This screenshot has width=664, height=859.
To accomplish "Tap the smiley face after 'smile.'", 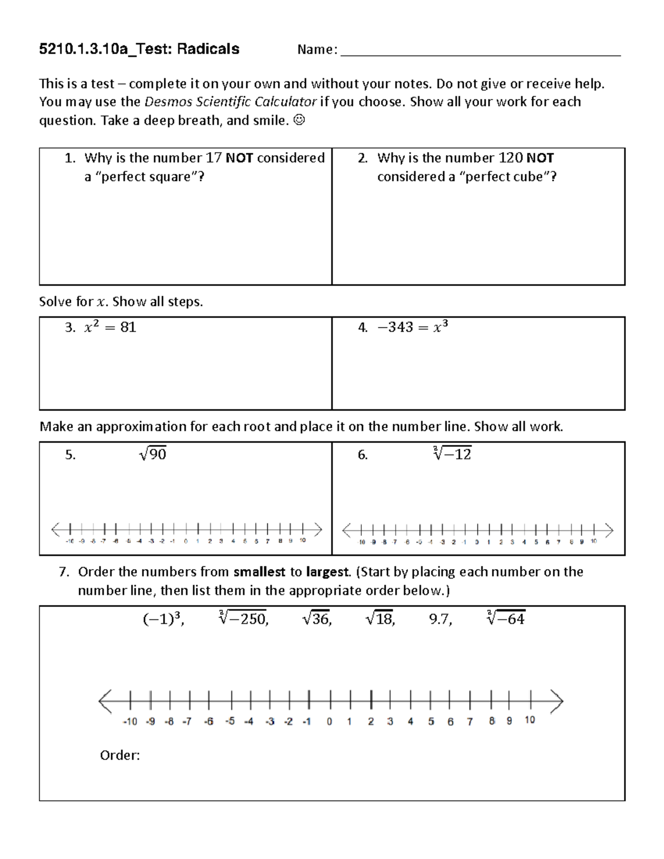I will click(x=299, y=120).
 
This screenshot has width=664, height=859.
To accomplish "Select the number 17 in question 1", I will click(x=214, y=158).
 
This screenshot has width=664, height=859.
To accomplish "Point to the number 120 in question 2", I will click(x=510, y=158).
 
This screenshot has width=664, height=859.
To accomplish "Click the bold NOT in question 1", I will click(x=240, y=158).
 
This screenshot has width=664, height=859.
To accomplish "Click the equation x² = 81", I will click(x=110, y=327).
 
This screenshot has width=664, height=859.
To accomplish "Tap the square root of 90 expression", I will click(x=153, y=455).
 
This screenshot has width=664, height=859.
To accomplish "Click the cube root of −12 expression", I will click(x=452, y=455).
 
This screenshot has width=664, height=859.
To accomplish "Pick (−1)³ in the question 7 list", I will click(x=163, y=619).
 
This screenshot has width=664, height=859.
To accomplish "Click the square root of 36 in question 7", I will click(x=317, y=619).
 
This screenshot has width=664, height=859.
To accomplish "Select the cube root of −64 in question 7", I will click(x=505, y=619).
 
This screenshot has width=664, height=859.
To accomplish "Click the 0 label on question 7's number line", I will click(x=329, y=721).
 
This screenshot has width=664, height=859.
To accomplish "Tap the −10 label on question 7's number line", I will click(x=129, y=721).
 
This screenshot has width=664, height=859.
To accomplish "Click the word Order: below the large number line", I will click(x=120, y=755).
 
